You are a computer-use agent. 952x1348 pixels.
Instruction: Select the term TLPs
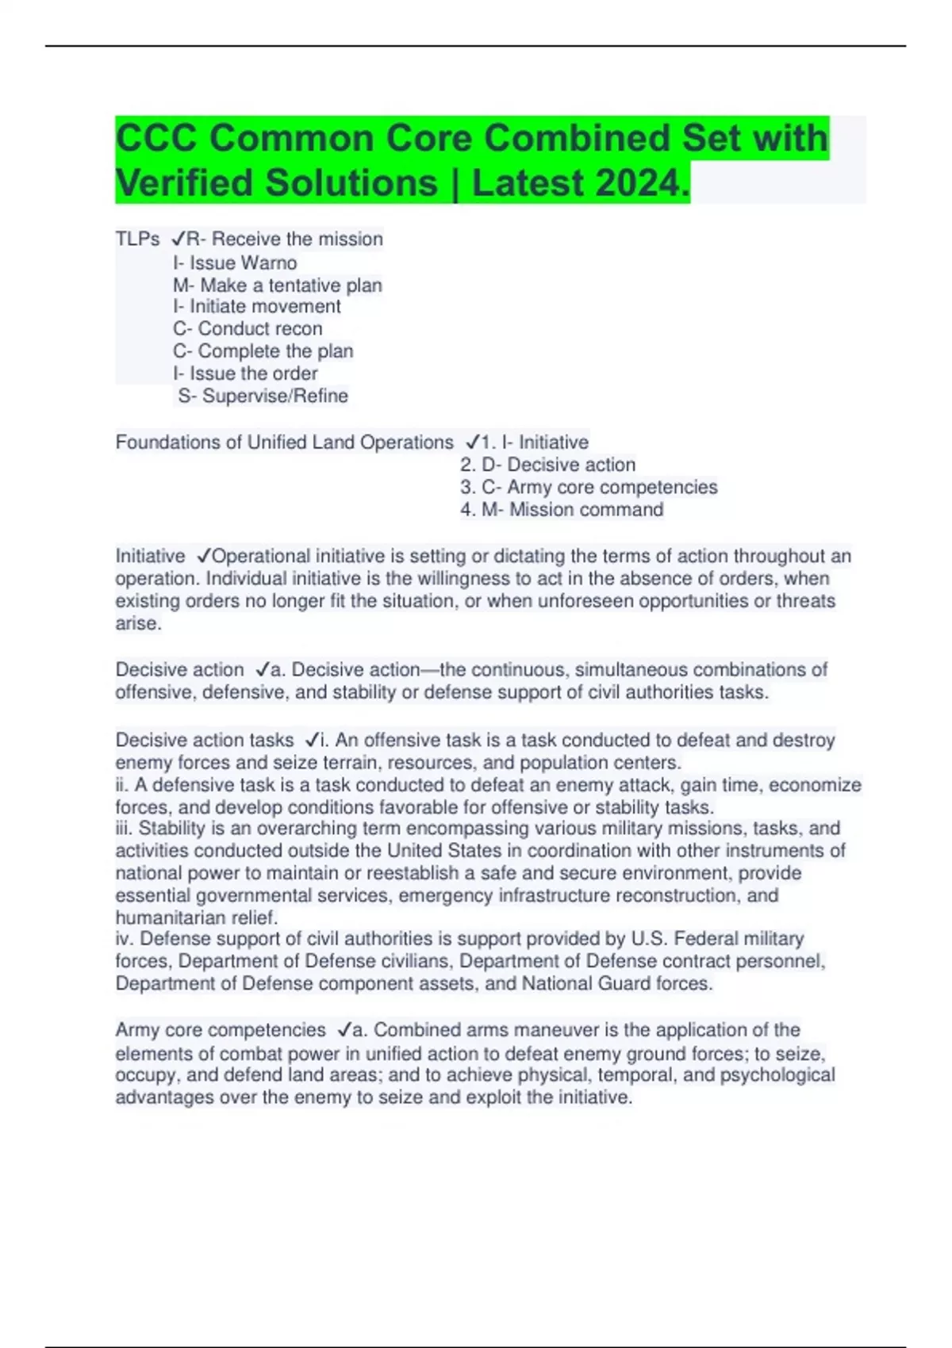(x=137, y=239)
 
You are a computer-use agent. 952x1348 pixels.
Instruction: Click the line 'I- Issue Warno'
(x=235, y=262)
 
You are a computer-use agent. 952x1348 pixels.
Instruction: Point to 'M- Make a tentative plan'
(x=277, y=285)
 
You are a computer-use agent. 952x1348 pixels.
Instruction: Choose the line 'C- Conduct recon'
(x=248, y=328)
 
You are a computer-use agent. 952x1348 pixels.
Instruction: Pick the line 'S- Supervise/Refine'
(x=263, y=396)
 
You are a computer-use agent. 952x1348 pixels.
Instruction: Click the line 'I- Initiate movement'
(x=256, y=306)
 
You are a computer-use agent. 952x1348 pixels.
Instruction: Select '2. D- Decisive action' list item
(x=547, y=465)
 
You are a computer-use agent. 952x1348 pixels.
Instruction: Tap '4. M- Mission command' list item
(x=562, y=509)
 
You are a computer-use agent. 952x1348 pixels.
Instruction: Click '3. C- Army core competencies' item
(x=589, y=487)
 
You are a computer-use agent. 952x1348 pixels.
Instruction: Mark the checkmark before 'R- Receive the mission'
(x=178, y=239)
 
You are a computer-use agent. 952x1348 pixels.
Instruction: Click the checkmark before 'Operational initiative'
(x=203, y=556)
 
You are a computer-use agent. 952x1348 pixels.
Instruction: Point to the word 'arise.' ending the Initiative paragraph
(x=139, y=623)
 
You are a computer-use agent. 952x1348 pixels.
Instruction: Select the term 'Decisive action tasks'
(x=205, y=740)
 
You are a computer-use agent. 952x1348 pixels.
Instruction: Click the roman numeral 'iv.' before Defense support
(x=125, y=939)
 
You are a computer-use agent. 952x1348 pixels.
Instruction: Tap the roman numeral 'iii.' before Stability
(x=125, y=829)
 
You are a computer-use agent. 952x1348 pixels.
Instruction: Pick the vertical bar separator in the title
(x=455, y=184)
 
